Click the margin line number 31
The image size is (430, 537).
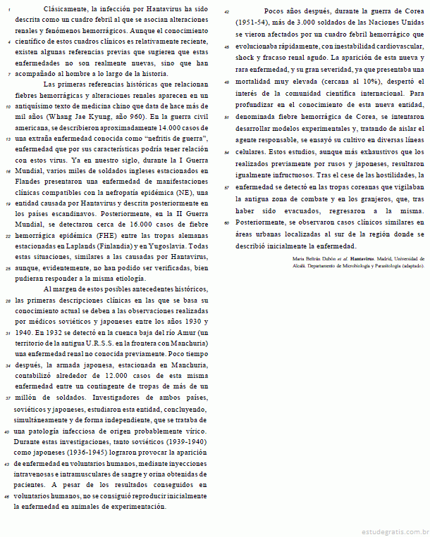tap(6, 332)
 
